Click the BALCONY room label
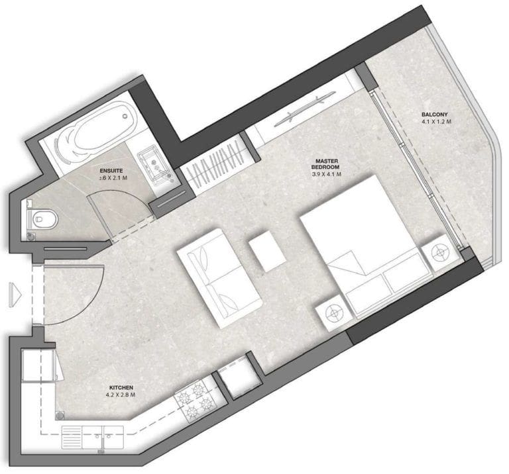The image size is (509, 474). [435, 114]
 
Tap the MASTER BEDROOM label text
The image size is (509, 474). [327, 166]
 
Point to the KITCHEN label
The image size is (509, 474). [122, 387]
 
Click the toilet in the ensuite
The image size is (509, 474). [42, 218]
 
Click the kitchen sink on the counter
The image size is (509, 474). [93, 436]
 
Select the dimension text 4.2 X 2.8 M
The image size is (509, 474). [122, 395]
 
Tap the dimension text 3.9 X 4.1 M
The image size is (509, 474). [327, 175]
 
